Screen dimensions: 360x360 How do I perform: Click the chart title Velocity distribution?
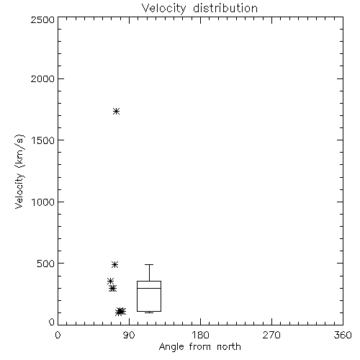click(x=199, y=9)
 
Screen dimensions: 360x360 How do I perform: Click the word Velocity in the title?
click(x=163, y=9)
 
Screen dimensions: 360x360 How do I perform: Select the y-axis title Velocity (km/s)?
click(x=19, y=171)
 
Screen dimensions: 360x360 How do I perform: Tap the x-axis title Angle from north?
click(x=199, y=347)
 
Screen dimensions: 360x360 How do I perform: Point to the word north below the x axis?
click(x=229, y=347)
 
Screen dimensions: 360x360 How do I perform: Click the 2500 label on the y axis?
click(x=42, y=19)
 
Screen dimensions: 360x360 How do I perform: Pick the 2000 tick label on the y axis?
click(x=42, y=78)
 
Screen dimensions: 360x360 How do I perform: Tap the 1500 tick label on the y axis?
click(x=43, y=140)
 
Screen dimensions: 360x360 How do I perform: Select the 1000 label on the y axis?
click(x=43, y=202)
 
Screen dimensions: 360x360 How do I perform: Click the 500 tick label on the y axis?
click(x=46, y=264)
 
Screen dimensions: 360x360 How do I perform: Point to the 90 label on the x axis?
click(x=129, y=335)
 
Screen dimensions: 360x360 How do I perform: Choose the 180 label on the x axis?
click(x=200, y=335)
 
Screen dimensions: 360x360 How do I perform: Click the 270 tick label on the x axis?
click(x=271, y=335)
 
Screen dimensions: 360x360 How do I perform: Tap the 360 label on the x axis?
click(x=343, y=335)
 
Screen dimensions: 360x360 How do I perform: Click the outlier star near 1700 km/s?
click(x=117, y=111)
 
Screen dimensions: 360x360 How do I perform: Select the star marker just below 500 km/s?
click(x=114, y=264)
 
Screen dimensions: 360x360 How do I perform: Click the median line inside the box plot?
click(x=149, y=288)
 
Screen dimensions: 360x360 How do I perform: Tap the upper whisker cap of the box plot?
click(x=149, y=264)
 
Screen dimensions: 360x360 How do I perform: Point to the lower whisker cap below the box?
click(x=149, y=312)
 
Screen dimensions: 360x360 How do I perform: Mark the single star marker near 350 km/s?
click(x=110, y=281)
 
